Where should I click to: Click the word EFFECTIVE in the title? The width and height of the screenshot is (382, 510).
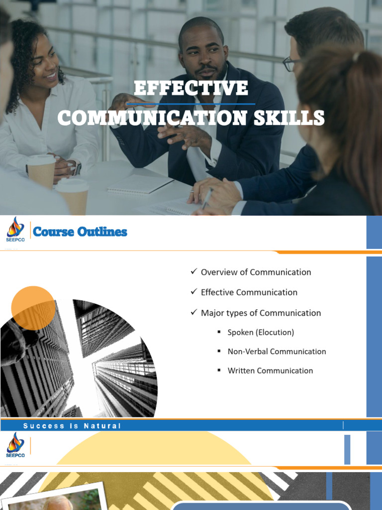pyautogui.click(x=191, y=88)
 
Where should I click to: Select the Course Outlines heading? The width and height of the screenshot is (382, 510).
pyautogui.click(x=80, y=232)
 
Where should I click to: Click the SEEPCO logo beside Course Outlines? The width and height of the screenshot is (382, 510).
pyautogui.click(x=15, y=230)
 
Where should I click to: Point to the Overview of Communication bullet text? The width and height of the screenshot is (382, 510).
pyautogui.click(x=256, y=272)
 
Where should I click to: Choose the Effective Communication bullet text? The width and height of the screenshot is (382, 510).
pyautogui.click(x=249, y=292)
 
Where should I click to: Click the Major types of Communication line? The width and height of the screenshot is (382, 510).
pyautogui.click(x=261, y=313)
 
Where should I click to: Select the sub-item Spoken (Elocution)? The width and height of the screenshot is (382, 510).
pyautogui.click(x=261, y=332)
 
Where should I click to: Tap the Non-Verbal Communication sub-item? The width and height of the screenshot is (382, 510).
pyautogui.click(x=277, y=351)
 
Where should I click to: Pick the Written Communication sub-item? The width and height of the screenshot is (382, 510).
pyautogui.click(x=270, y=371)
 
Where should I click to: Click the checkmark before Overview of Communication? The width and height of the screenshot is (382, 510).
pyautogui.click(x=194, y=271)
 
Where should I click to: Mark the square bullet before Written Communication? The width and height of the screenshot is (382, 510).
pyautogui.click(x=219, y=370)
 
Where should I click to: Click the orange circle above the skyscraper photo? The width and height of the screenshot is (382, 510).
pyautogui.click(x=33, y=308)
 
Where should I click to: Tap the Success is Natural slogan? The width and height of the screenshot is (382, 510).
pyautogui.click(x=72, y=426)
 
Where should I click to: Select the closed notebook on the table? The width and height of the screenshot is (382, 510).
pyautogui.click(x=140, y=185)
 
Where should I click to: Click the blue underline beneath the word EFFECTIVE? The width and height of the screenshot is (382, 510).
pyautogui.click(x=191, y=104)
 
